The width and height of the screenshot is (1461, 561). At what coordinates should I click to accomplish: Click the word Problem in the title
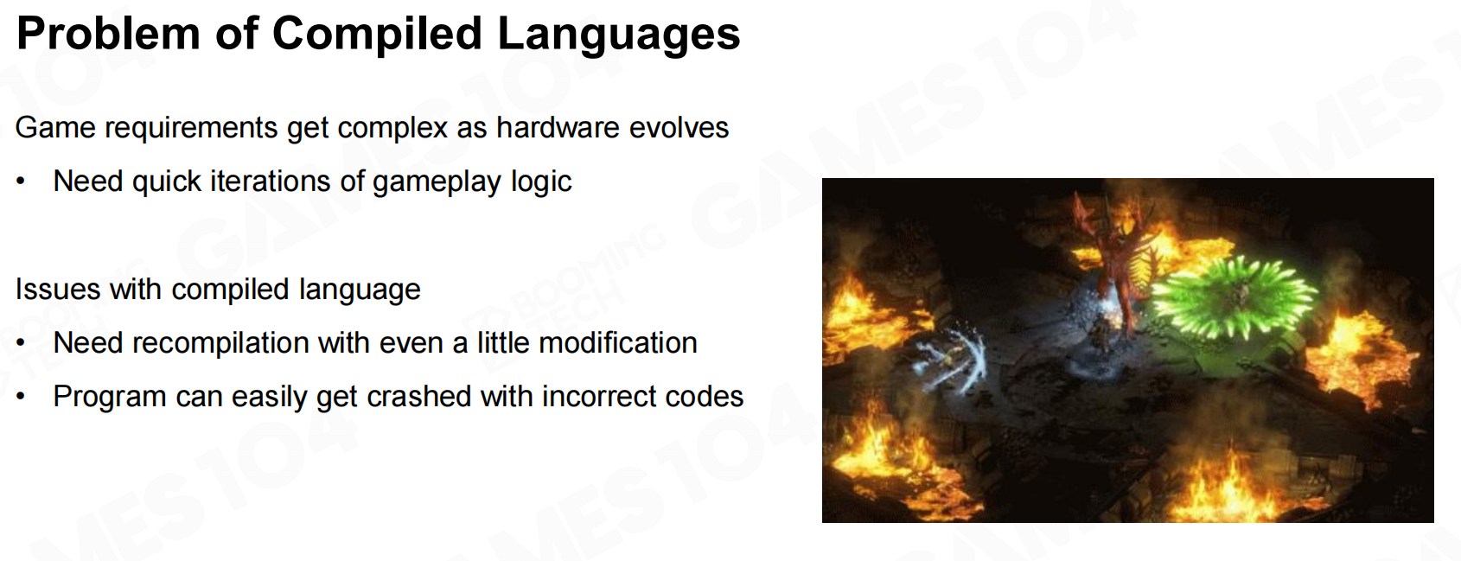coord(107,33)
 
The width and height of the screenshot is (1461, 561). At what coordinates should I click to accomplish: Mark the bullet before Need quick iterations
coord(21,182)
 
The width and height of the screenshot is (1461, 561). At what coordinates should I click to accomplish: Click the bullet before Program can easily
coord(21,397)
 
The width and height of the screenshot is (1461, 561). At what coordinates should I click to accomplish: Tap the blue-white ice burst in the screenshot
coord(953,359)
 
